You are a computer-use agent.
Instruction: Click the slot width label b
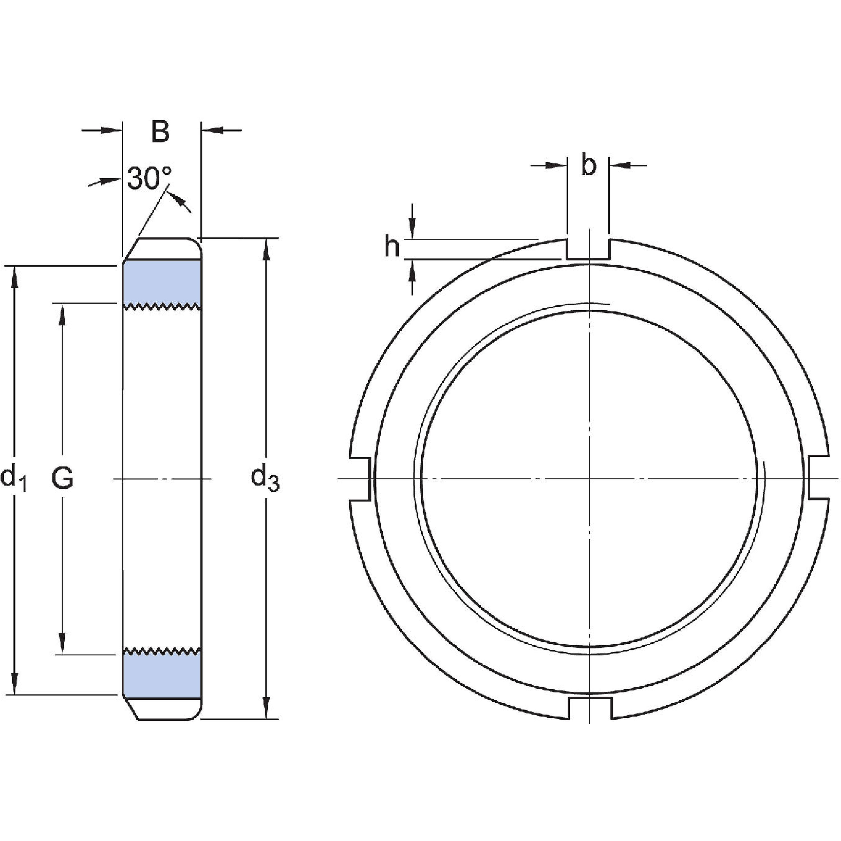[588, 166]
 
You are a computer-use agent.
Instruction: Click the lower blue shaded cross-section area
[162, 677]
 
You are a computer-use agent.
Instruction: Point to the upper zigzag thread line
[162, 307]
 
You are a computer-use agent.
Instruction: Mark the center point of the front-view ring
[589, 479]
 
